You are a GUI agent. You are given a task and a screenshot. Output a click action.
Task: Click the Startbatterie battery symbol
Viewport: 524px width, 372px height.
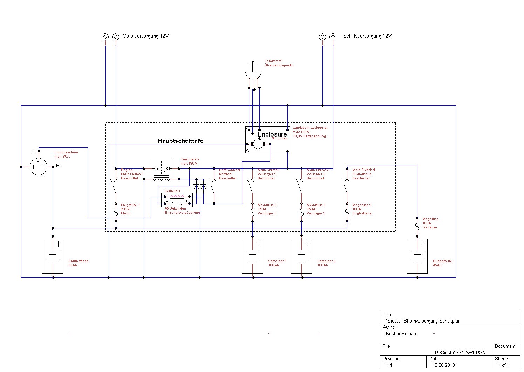53,256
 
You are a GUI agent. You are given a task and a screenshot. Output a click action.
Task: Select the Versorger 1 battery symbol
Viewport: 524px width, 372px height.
252,256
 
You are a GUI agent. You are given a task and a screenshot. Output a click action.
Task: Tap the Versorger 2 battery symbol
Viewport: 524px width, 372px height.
301,256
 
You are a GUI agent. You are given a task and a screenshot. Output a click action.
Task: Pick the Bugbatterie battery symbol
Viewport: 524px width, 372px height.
417,256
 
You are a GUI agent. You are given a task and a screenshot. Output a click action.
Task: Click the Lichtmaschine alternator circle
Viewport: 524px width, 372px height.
38,167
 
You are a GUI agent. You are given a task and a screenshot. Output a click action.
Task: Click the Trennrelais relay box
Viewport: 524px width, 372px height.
161,171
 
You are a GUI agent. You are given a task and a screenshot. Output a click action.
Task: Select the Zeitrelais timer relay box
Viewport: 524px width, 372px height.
177,200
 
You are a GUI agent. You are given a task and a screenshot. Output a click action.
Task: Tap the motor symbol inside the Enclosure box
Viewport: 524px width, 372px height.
258,144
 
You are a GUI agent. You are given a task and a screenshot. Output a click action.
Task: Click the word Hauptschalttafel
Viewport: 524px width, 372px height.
181,141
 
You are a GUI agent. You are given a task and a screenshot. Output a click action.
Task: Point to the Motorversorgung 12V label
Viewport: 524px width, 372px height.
145,36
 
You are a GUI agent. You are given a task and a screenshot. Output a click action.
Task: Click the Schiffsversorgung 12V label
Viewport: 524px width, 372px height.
367,36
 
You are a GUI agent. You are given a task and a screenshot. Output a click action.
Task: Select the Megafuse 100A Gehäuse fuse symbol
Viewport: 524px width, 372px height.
417,227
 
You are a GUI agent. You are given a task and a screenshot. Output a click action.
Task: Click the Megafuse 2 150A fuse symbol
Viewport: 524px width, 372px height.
252,213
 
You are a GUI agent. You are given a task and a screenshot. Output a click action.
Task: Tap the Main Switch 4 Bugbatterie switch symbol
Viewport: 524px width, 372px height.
345,186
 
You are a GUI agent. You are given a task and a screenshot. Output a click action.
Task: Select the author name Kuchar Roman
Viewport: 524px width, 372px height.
401,333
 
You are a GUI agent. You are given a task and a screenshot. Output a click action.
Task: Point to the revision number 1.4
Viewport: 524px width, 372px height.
389,365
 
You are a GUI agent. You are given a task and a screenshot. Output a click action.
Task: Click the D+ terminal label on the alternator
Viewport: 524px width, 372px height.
34,152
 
